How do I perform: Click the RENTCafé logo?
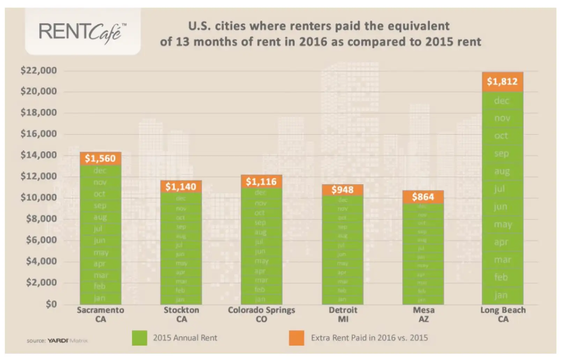click(x=83, y=32)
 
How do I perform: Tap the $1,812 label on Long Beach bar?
click(x=502, y=82)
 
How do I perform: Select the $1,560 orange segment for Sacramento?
click(x=100, y=159)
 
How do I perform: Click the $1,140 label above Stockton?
click(x=181, y=187)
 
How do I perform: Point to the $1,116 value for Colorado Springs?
click(x=261, y=182)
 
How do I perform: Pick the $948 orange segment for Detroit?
click(x=342, y=190)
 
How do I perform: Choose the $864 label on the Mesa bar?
click(x=423, y=197)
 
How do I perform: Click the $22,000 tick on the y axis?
click(x=39, y=71)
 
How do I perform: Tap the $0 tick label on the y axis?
click(x=51, y=304)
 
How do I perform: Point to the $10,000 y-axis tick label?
click(x=39, y=198)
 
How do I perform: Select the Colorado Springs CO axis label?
click(x=261, y=314)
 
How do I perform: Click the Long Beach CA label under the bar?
click(x=503, y=314)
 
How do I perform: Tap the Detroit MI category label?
click(x=343, y=314)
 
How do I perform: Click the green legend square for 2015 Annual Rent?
click(x=139, y=338)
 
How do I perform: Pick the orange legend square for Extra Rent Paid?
click(x=296, y=338)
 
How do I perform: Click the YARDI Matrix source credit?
click(x=58, y=340)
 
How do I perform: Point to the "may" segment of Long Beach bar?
click(x=503, y=225)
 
